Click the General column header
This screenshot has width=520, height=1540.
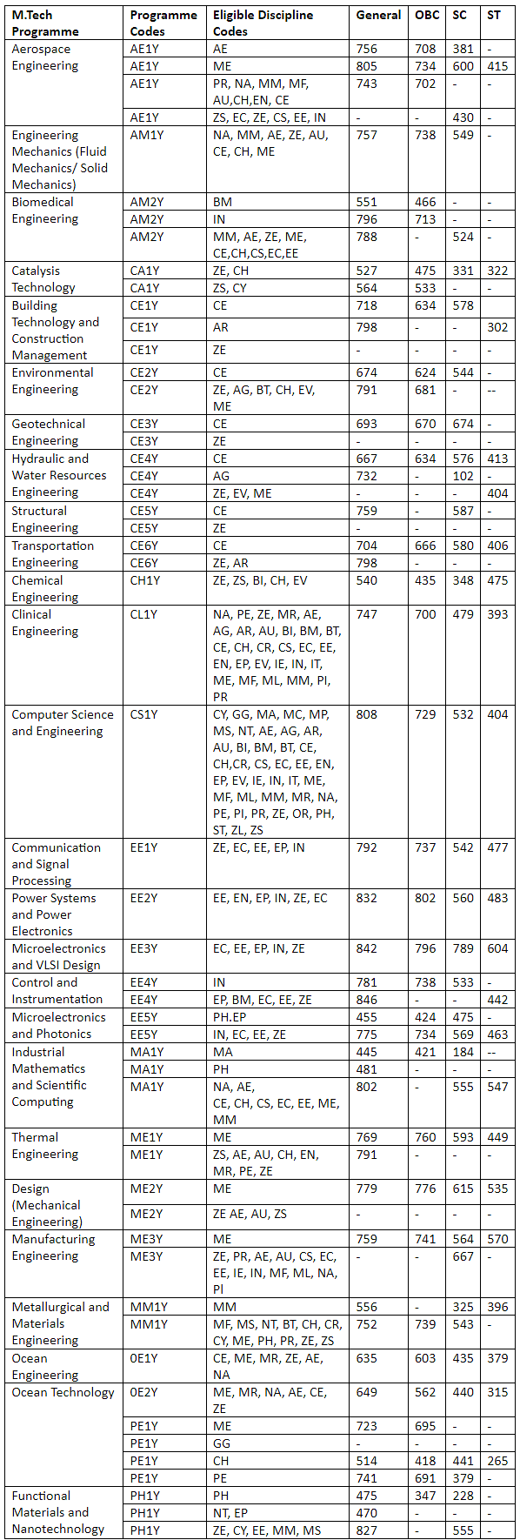[378, 15]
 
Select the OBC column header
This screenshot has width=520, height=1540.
[427, 15]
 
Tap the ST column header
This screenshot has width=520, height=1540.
[494, 15]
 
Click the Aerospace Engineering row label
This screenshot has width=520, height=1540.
[45, 57]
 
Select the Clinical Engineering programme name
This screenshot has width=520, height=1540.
[45, 623]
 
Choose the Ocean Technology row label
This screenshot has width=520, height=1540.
[63, 1392]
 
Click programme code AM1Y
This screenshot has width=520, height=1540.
[147, 135]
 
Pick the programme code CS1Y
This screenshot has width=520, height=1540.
[144, 714]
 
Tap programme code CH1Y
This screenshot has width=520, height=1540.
[146, 580]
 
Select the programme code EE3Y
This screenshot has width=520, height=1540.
[144, 948]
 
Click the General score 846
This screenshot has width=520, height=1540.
[367, 1000]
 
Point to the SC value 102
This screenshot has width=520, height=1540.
[463, 476]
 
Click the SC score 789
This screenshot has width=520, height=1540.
[463, 948]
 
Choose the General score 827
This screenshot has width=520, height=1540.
[367, 1530]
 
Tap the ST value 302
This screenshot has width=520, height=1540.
[497, 327]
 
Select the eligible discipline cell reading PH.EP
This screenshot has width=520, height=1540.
[230, 1017]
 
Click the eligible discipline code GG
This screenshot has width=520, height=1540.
[222, 1443]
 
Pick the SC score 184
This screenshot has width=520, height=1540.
[463, 1052]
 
